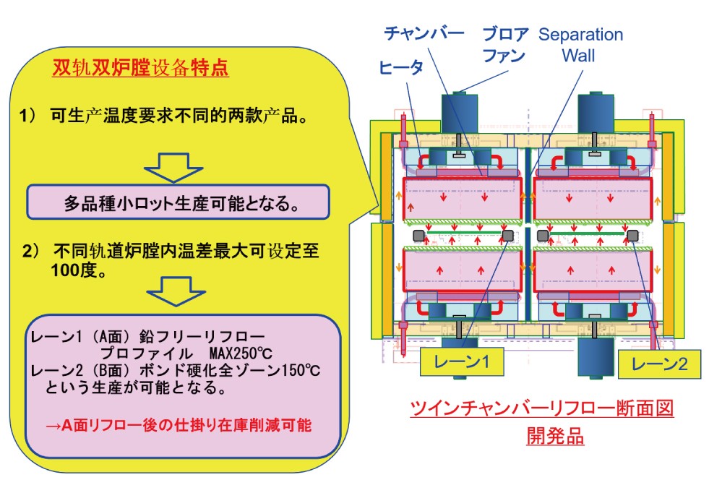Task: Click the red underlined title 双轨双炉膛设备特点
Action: [140, 67]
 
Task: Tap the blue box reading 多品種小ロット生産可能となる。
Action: [178, 202]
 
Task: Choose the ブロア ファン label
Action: [503, 45]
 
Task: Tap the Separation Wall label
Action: [580, 45]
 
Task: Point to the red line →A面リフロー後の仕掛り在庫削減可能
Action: [179, 425]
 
